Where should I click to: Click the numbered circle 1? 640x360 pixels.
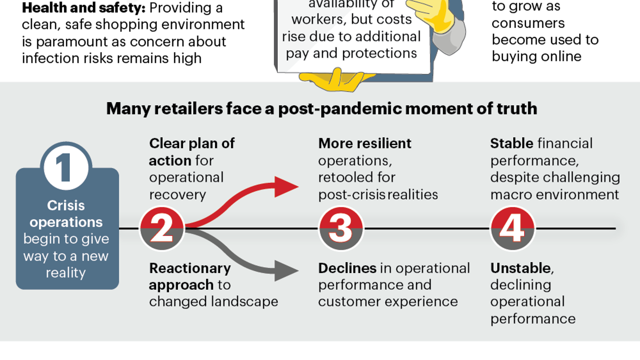pyautogui.click(x=66, y=168)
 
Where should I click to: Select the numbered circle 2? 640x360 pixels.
pyautogui.click(x=162, y=229)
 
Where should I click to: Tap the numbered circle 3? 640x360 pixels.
pyautogui.click(x=341, y=229)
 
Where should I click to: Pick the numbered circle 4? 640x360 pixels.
pyautogui.click(x=512, y=229)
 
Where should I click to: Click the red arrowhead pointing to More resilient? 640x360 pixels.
pyautogui.click(x=286, y=187)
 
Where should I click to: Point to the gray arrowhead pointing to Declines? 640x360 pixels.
pyautogui.click(x=286, y=269)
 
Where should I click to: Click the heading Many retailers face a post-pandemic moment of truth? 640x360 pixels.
pyautogui.click(x=321, y=109)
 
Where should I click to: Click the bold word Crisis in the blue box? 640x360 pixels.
pyautogui.click(x=66, y=206)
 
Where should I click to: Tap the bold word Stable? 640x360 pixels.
pyautogui.click(x=512, y=144)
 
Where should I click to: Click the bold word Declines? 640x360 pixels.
pyautogui.click(x=348, y=268)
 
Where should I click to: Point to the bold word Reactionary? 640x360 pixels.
pyautogui.click(x=190, y=268)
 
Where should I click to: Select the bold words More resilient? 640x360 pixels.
pyautogui.click(x=365, y=144)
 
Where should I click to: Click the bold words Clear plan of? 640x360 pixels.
pyautogui.click(x=192, y=144)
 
